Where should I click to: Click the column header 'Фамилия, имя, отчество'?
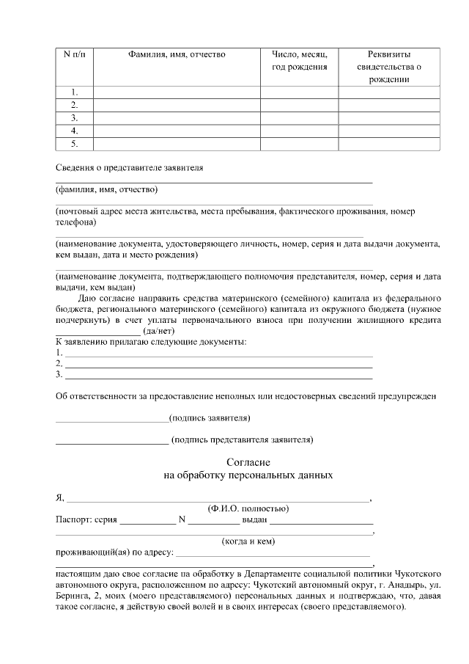click(x=177, y=54)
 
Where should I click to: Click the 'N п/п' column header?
click(x=75, y=54)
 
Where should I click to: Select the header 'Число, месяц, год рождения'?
click(x=299, y=61)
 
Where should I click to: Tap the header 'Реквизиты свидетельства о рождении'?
click(x=389, y=67)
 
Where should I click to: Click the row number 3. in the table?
click(x=75, y=118)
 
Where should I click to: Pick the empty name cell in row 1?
click(x=177, y=92)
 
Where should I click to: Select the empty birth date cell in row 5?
click(x=299, y=144)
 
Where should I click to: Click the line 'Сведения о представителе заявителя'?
click(x=130, y=167)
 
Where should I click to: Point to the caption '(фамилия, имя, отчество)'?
click(x=101, y=189)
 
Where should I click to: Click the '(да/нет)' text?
click(x=158, y=332)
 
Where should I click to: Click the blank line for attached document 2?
click(x=218, y=365)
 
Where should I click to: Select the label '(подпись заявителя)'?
click(x=210, y=418)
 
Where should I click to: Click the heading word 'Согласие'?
click(x=248, y=462)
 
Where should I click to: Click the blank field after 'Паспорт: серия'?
click(x=147, y=522)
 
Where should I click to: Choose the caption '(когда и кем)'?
click(x=248, y=541)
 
